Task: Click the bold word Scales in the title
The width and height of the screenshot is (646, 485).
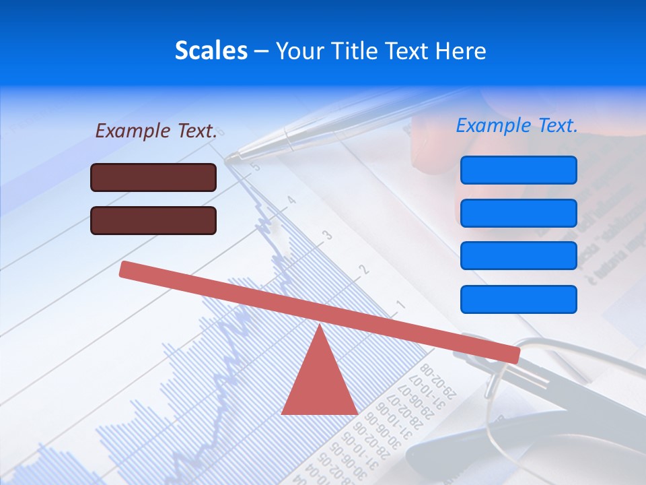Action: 211,51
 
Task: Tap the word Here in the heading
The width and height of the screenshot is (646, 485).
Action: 460,51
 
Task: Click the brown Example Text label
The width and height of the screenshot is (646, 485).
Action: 156,131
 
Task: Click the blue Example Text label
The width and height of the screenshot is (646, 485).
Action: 517,125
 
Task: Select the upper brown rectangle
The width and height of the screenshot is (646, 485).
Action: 153,177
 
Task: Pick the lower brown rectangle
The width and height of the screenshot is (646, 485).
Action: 153,220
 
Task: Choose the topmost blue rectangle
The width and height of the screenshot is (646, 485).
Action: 518,170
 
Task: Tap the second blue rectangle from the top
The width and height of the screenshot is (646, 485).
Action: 518,213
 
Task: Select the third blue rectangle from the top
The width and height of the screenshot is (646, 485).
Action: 518,255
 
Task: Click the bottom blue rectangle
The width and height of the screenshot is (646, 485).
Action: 518,299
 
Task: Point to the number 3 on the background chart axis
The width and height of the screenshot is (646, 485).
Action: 328,235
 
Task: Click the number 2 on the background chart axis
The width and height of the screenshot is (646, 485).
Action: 364,269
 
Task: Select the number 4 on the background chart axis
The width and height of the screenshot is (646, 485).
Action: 291,200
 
